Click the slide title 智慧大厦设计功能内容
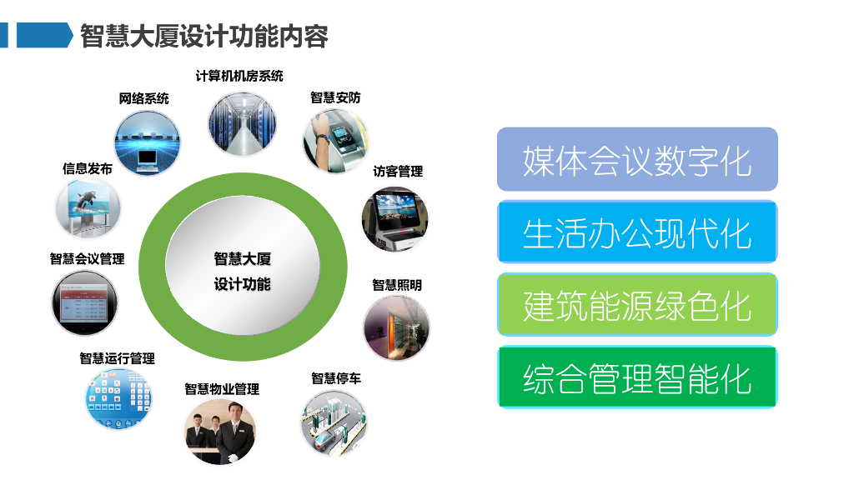[204, 36]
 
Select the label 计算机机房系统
[239, 76]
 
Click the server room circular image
[243, 123]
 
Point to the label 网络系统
[143, 98]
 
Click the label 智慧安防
[335, 97]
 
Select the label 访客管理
[398, 172]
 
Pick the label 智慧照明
[397, 285]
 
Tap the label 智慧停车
[336, 378]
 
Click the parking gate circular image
[334, 422]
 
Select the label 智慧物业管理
[222, 389]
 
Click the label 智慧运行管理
[117, 358]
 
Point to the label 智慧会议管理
[87, 259]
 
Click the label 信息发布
[87, 168]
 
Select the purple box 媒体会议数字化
[637, 159]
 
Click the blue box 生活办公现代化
[637, 232]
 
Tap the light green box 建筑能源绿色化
[637, 305]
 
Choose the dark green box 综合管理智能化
[637, 377]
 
